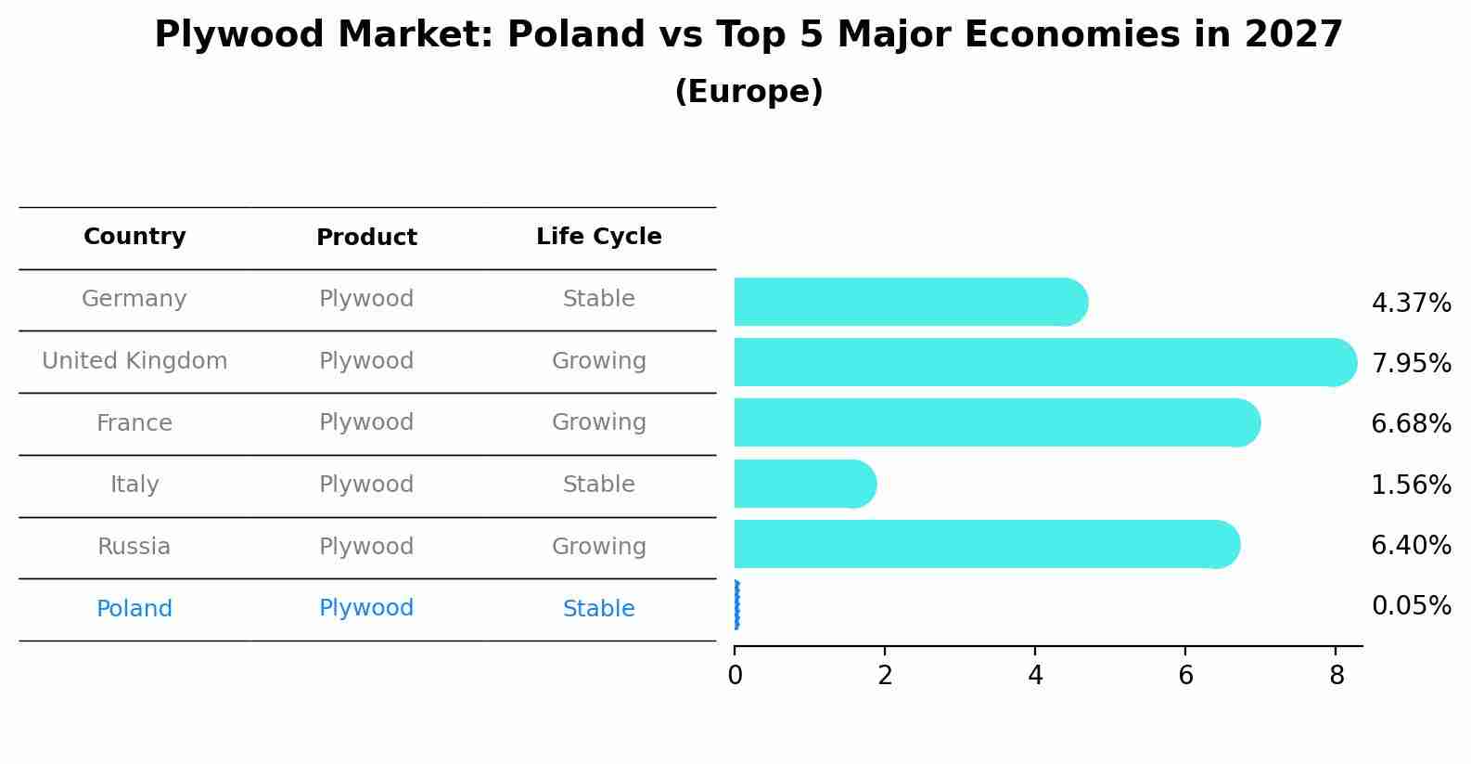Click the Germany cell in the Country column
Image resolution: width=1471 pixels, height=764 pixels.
(x=134, y=299)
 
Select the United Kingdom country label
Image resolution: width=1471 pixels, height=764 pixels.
(x=134, y=361)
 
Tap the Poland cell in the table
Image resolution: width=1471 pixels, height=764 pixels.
(x=134, y=609)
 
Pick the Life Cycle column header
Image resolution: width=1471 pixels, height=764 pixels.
(x=599, y=237)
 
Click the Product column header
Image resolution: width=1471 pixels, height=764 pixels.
(x=366, y=238)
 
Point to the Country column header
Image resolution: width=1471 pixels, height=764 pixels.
(x=134, y=237)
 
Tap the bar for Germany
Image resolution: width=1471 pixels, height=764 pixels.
(x=910, y=302)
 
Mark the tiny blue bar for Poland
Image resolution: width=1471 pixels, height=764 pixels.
(x=736, y=605)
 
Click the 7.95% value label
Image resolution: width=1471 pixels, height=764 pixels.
(x=1411, y=363)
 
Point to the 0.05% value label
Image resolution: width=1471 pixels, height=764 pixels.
(x=1411, y=606)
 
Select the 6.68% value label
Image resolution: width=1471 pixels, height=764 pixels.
(x=1411, y=424)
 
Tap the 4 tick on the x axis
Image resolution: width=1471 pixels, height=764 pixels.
(x=1035, y=675)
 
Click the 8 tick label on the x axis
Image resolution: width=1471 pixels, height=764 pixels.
(x=1336, y=675)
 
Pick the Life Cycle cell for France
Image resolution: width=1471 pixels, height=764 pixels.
(x=599, y=422)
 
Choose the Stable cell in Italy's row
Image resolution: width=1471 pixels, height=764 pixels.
(x=599, y=485)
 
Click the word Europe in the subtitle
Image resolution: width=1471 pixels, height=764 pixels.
(x=748, y=92)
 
